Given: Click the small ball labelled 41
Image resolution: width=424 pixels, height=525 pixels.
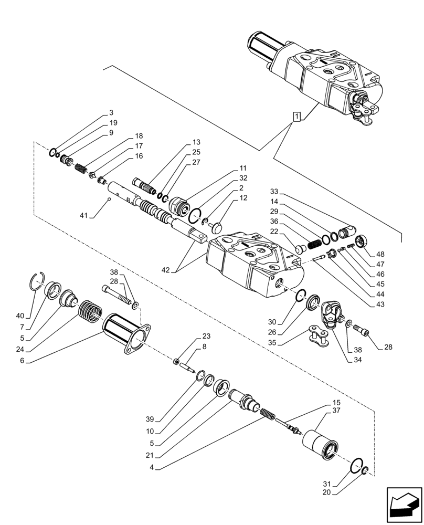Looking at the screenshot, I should (109, 198).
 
